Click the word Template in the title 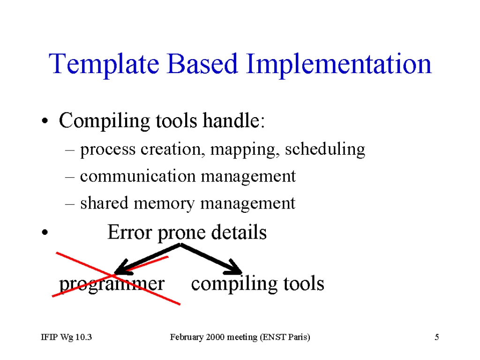pyautogui.click(x=104, y=65)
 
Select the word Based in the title pyautogui.click(x=202, y=63)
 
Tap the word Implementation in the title pyautogui.click(x=338, y=65)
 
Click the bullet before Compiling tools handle pyautogui.click(x=45, y=120)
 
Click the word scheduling pyautogui.click(x=325, y=150)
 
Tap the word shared pyautogui.click(x=104, y=203)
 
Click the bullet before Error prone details pyautogui.click(x=45, y=232)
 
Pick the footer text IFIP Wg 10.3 pyautogui.click(x=67, y=337)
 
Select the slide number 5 pyautogui.click(x=437, y=337)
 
